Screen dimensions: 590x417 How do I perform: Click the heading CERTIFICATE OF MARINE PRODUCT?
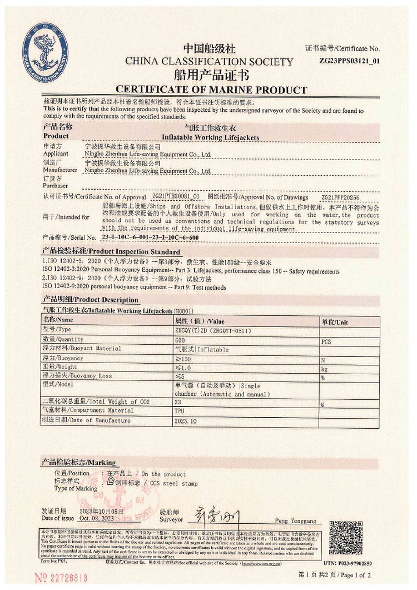click(x=211, y=90)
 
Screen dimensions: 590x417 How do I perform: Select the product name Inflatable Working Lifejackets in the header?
click(x=210, y=137)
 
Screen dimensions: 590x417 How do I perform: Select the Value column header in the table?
click(x=200, y=321)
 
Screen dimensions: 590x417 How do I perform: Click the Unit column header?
click(x=334, y=321)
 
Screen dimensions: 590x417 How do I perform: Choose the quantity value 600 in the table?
click(x=180, y=340)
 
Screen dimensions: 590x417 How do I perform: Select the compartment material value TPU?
click(x=180, y=411)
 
